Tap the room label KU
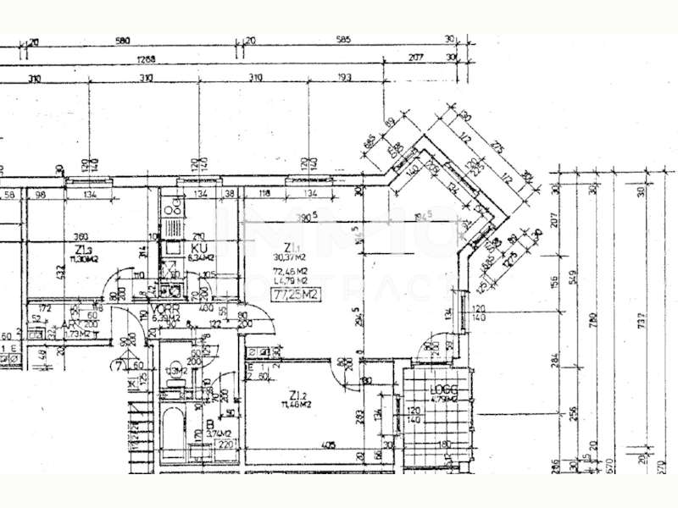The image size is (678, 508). [200, 248]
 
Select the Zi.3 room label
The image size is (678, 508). [83, 251]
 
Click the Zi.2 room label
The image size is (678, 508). [297, 395]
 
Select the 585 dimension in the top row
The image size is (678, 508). [342, 40]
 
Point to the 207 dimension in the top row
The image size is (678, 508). [415, 58]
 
